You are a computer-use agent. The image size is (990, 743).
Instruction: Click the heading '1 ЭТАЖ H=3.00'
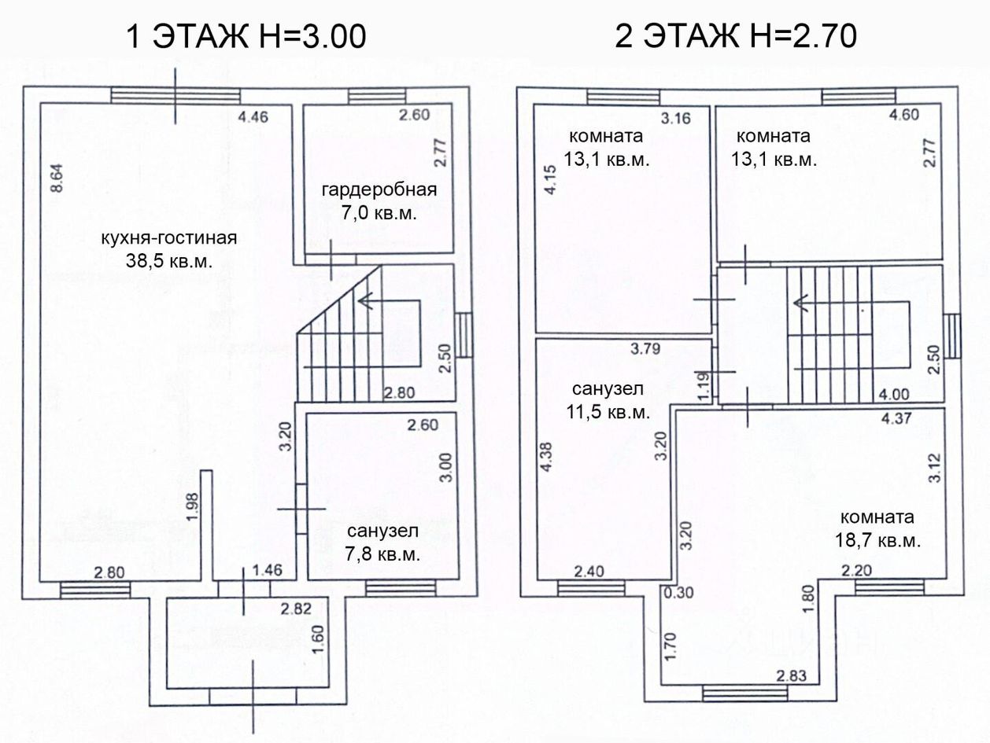(246, 36)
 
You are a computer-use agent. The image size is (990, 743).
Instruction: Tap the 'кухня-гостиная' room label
(168, 238)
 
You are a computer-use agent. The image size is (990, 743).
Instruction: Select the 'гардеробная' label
(379, 190)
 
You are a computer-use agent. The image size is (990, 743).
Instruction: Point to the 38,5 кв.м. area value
(168, 261)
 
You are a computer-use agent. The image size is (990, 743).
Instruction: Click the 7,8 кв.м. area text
(382, 554)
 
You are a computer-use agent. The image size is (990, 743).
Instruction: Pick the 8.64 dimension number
(57, 178)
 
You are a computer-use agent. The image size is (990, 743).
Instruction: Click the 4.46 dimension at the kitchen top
(253, 117)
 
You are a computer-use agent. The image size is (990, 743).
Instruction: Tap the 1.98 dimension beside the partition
(193, 507)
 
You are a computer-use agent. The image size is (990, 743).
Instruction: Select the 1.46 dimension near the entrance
(267, 571)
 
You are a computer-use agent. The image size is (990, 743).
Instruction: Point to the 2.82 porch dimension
(296, 609)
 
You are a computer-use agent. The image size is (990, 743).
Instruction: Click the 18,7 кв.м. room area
(877, 541)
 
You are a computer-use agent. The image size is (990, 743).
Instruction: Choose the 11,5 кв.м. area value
(608, 412)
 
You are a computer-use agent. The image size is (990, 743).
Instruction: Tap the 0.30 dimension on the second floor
(678, 593)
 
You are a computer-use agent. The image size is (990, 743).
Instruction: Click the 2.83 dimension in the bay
(791, 676)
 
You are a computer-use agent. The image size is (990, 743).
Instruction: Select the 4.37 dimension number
(896, 418)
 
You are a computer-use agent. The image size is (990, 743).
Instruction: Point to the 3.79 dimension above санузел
(645, 348)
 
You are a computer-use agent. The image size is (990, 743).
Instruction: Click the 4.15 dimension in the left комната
(551, 180)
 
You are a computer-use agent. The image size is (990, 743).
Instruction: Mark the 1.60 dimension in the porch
(318, 640)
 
